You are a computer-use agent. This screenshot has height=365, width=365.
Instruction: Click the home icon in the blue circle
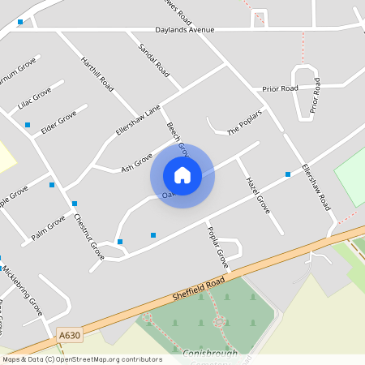(x=182, y=174)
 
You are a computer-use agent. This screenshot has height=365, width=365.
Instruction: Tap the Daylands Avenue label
(x=185, y=30)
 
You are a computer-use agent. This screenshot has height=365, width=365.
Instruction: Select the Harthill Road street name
(x=97, y=71)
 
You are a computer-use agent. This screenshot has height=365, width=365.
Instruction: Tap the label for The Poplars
(x=245, y=121)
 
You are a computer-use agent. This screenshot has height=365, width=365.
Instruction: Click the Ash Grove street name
(x=137, y=162)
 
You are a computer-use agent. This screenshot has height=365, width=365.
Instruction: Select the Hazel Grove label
(x=257, y=196)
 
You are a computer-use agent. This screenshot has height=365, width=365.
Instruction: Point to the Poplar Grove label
(x=217, y=247)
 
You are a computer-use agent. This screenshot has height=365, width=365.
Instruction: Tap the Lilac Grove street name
(x=34, y=97)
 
